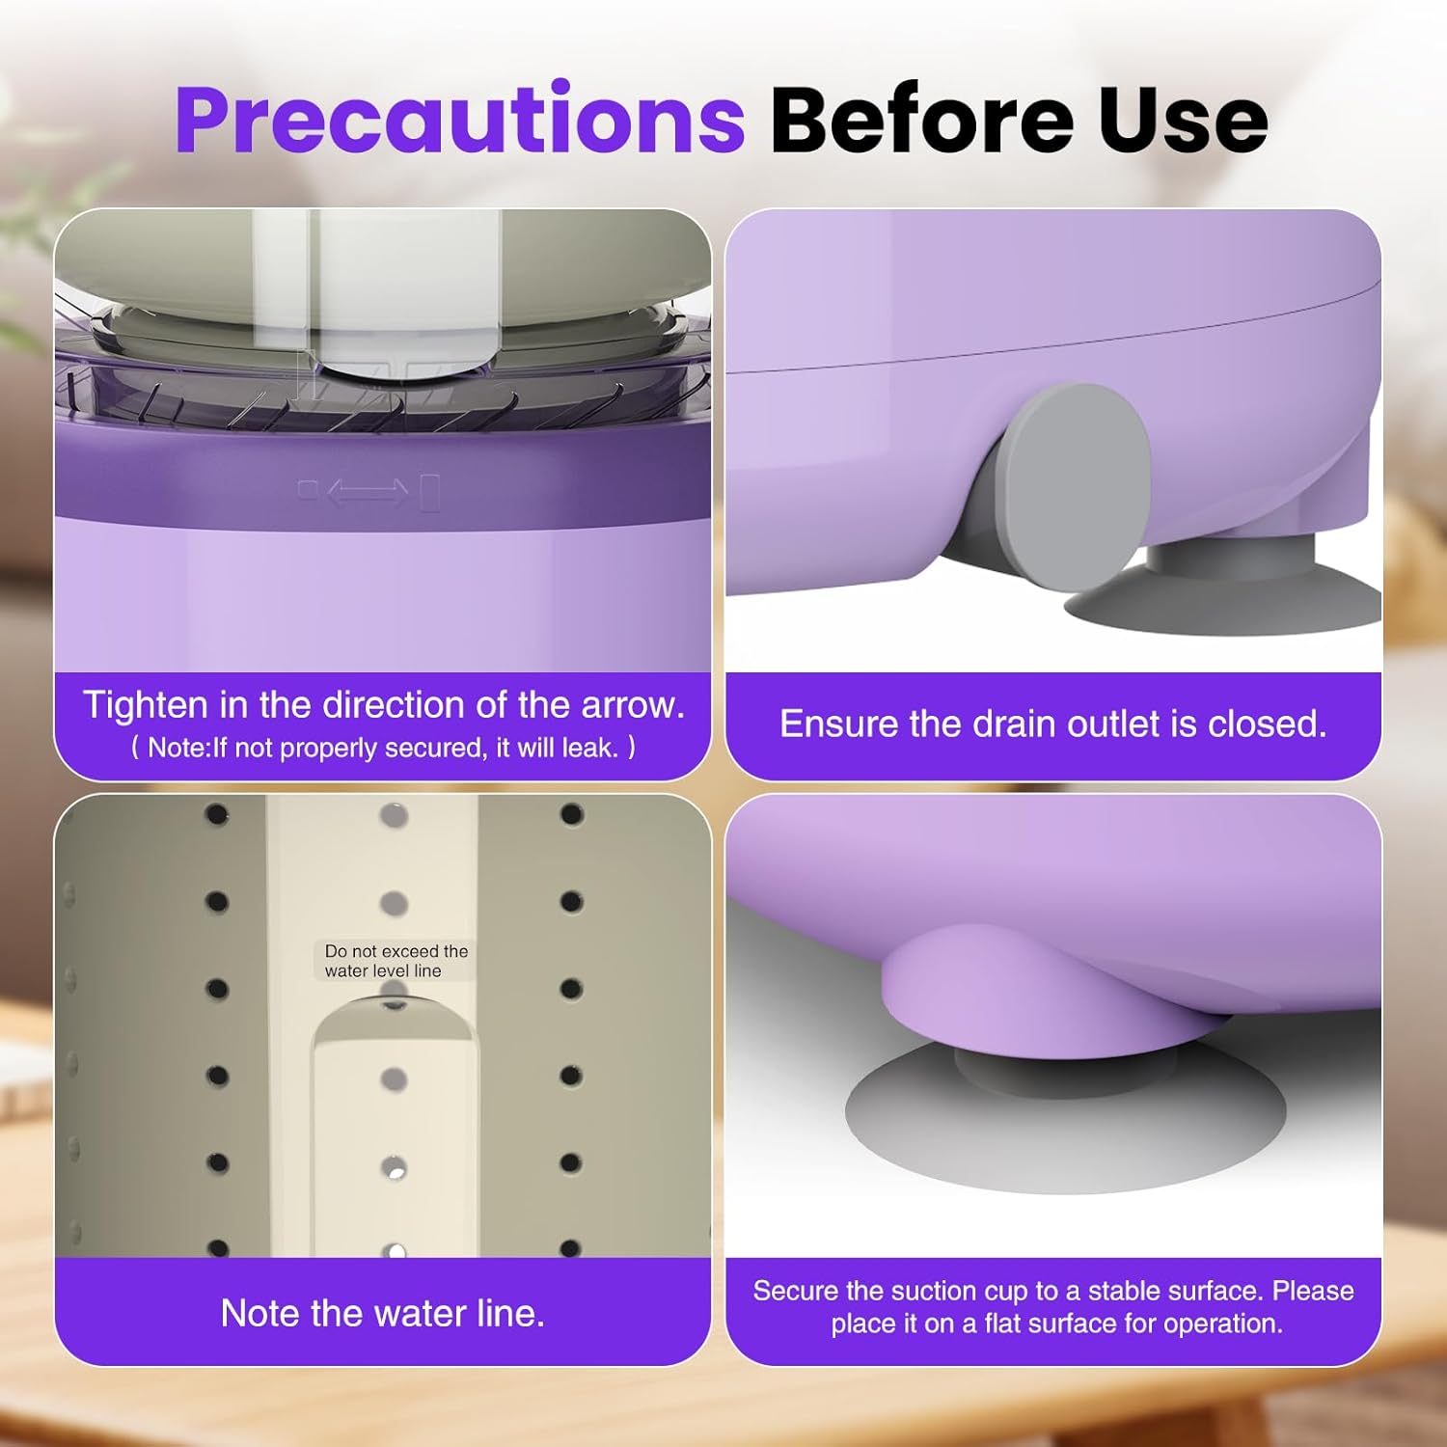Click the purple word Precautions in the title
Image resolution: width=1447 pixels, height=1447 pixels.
coord(459,120)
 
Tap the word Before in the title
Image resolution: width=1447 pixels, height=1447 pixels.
coord(922,120)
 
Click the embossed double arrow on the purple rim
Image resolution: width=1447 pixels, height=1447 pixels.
coord(368,492)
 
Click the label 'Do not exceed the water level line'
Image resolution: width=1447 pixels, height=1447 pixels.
coord(396,961)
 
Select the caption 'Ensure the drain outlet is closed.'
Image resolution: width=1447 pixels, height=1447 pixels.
coord(1052,723)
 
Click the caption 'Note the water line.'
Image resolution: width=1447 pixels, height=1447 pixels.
coord(382,1313)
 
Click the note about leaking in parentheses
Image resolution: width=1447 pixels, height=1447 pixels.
coord(383,748)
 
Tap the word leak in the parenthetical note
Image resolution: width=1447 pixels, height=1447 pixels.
coord(587,748)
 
